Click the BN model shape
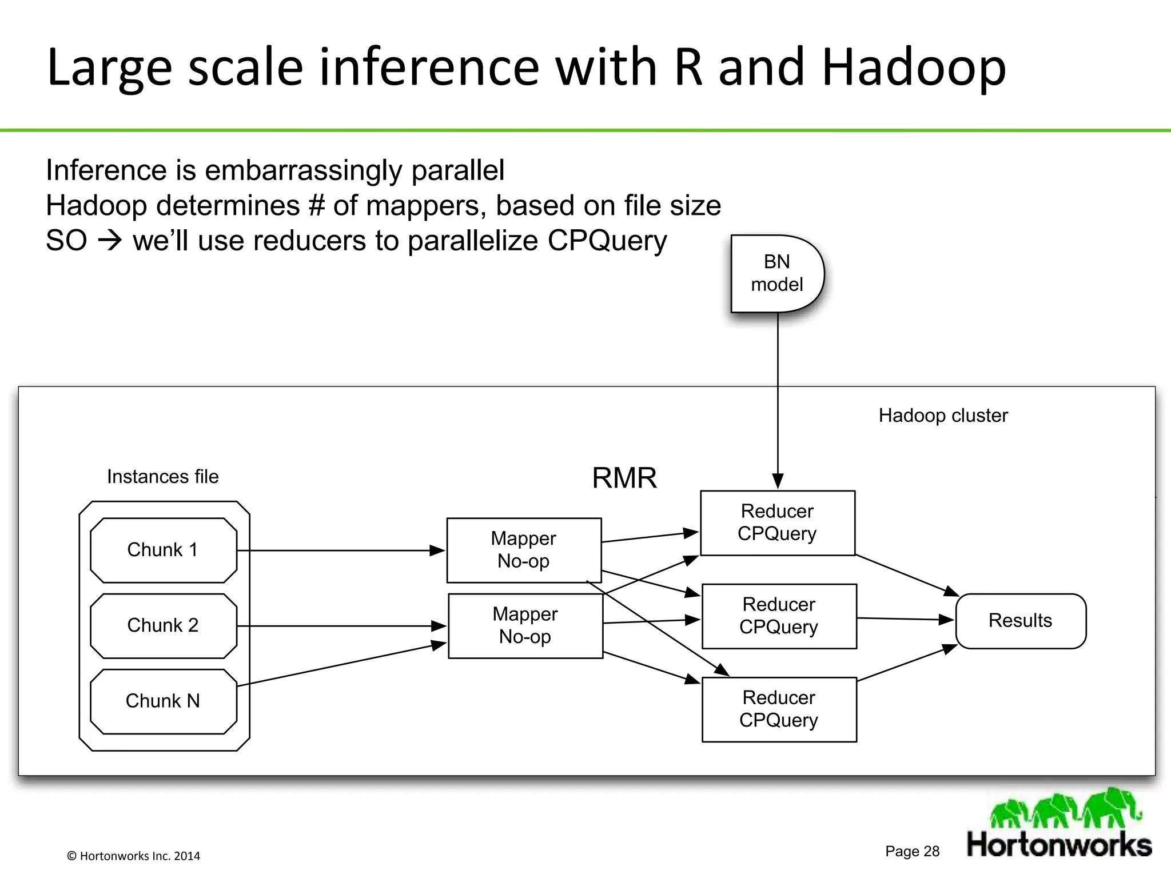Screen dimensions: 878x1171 tap(776, 273)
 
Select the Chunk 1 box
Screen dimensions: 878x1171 tap(164, 550)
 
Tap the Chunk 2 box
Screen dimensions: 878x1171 tap(164, 625)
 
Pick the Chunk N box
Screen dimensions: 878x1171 tap(164, 701)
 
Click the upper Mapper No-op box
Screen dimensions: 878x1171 tap(524, 550)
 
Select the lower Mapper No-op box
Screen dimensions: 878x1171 tap(525, 625)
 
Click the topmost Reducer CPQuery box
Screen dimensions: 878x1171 tap(777, 522)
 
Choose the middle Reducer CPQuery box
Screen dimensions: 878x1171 tap(779, 616)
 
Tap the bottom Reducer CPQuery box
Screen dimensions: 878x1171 tap(779, 709)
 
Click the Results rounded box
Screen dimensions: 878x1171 tap(1021, 621)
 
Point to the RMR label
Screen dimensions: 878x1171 tap(624, 478)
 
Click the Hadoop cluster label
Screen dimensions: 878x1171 tap(943, 416)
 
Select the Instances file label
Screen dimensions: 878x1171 tap(163, 477)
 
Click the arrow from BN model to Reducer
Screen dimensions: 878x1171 tap(778, 400)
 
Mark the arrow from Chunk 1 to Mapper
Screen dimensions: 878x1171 tap(341, 550)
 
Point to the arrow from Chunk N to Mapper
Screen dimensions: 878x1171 tap(341, 665)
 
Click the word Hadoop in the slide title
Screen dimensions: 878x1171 tap(913, 67)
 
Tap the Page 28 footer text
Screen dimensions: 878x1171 tap(912, 851)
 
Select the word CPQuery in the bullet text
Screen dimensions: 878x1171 tap(607, 241)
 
